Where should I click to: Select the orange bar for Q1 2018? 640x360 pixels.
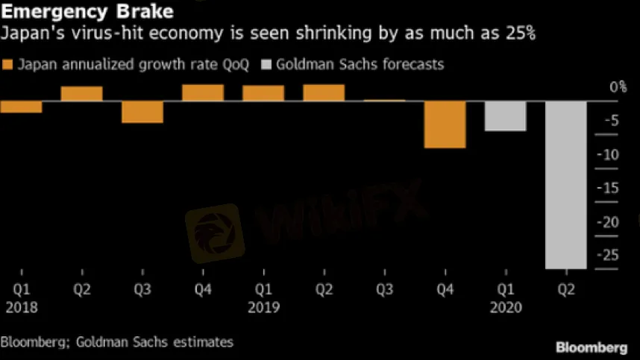[21, 107]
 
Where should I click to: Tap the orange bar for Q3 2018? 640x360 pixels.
[142, 112]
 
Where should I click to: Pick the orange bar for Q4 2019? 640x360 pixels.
[445, 124]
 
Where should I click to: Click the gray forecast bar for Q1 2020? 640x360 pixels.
[506, 116]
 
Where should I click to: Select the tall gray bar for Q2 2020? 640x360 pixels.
[566, 184]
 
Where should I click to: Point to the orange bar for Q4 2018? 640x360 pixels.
[203, 92]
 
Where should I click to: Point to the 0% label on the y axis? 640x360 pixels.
[618, 88]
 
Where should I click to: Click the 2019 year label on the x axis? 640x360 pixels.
[263, 306]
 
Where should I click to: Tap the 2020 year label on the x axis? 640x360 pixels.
[506, 306]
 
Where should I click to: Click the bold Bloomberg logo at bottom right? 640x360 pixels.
[592, 347]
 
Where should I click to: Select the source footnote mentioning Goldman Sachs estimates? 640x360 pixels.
[117, 342]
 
